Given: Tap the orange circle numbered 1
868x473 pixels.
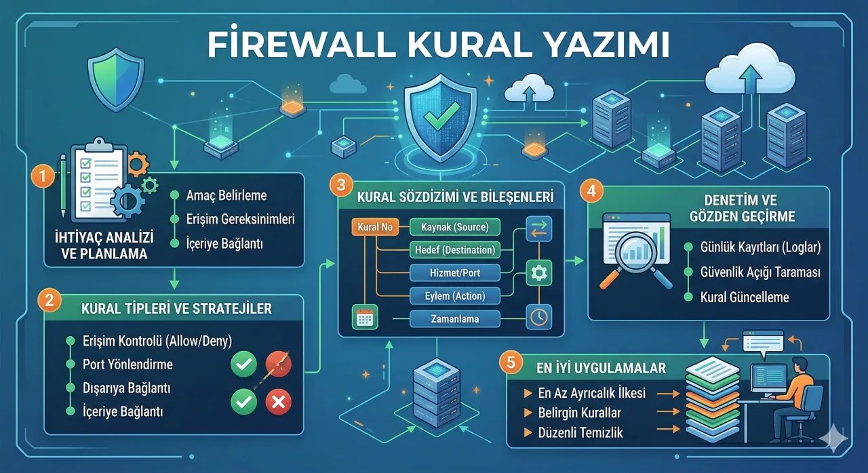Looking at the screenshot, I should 42,177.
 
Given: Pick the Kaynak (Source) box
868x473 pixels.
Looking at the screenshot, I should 455,227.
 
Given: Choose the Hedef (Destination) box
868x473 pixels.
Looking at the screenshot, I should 455,250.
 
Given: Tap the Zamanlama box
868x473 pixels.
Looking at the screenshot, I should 455,318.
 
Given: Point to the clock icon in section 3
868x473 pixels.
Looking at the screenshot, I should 539,317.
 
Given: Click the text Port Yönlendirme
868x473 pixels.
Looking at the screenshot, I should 127,365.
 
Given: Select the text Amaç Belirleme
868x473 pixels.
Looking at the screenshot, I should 226,196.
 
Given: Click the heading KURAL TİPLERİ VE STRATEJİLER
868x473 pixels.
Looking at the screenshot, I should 176,308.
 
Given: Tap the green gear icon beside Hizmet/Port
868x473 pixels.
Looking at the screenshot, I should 539,272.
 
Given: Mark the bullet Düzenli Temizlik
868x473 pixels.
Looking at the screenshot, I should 580,432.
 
